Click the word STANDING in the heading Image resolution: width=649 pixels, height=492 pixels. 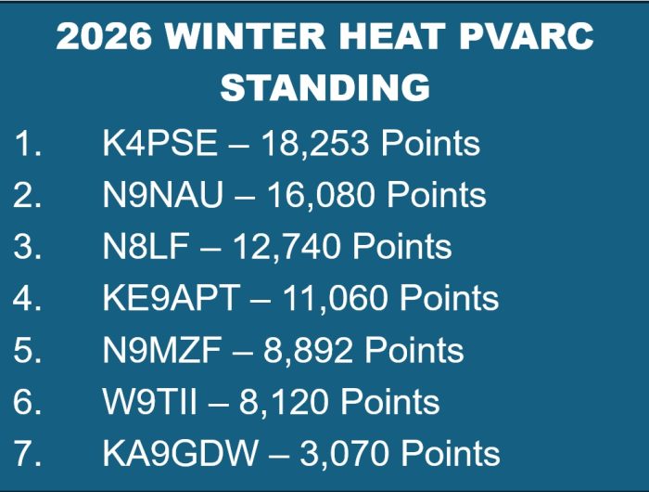click(324, 88)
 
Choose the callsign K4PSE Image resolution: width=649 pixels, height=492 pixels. click(159, 144)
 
